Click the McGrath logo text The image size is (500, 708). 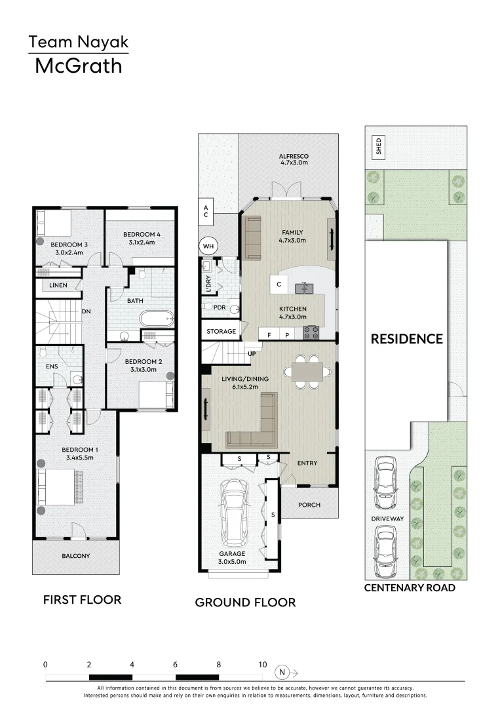78,66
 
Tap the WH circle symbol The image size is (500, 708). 209,246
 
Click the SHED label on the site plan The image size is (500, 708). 378,146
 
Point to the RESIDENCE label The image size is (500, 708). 406,339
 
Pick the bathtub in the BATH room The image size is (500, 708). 156,320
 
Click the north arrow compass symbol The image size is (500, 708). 282,672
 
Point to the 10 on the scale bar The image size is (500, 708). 262,664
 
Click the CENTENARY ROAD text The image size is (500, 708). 409,588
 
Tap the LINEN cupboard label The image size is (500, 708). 59,286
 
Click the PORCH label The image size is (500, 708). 309,505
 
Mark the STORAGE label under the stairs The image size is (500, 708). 221,332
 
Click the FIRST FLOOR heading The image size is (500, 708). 82,599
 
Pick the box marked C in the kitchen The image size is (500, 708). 279,285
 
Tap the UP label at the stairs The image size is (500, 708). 251,353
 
